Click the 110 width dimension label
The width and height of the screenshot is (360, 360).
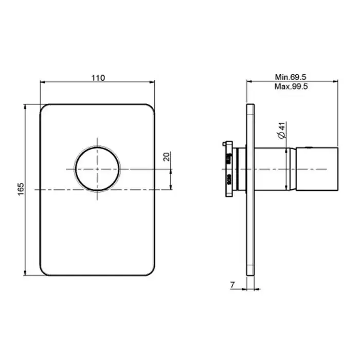tap(98, 78)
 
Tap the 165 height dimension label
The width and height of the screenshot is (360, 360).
tap(21, 189)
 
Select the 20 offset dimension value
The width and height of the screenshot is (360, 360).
tap(167, 156)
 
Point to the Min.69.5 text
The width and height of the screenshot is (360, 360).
tap(291, 77)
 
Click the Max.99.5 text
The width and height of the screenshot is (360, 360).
tap(291, 86)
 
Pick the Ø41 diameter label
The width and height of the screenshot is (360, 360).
tap(282, 130)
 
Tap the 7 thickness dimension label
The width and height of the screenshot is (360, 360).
tap(232, 285)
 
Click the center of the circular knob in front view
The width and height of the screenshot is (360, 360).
tap(97, 169)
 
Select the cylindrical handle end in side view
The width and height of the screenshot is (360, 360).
tap(317, 169)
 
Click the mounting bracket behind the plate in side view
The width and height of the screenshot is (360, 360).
tap(229, 169)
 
